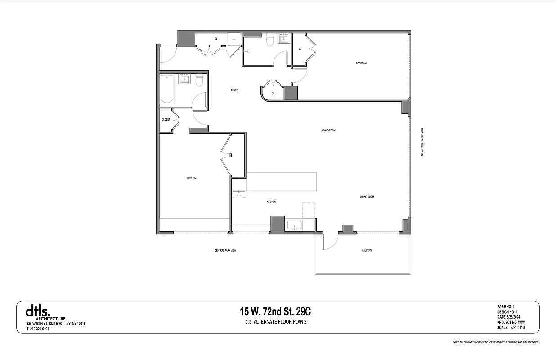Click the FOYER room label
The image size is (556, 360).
[x=234, y=90]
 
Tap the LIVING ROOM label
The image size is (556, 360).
[x=328, y=130]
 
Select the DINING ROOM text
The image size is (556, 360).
[x=367, y=197]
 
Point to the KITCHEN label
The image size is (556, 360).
[x=271, y=202]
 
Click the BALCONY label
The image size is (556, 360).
[x=367, y=250]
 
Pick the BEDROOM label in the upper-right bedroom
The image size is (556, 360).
[x=361, y=63]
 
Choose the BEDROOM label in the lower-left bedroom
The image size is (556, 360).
[x=191, y=178]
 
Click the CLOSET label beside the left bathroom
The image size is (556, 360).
[x=166, y=120]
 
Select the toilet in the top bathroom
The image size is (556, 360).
[x=270, y=41]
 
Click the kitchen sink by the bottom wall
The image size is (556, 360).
[x=295, y=225]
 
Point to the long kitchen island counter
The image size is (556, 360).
[x=281, y=181]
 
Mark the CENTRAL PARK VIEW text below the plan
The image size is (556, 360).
[x=225, y=251]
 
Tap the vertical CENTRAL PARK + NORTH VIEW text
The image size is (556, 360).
[x=422, y=143]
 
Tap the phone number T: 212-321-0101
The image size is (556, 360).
[x=38, y=329]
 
